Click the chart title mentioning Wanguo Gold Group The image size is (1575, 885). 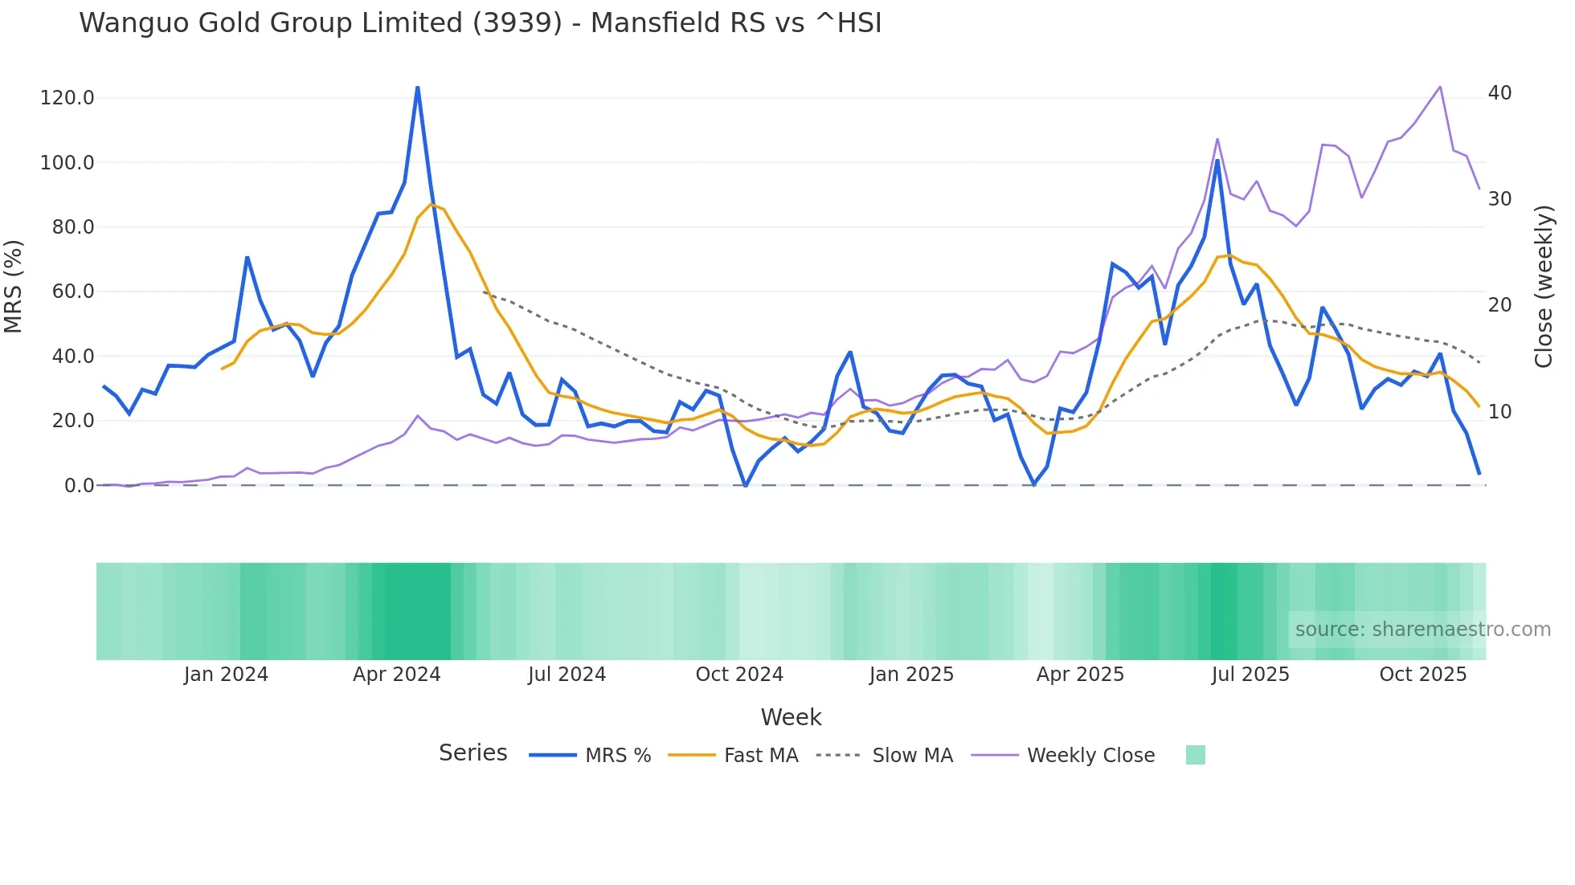480,23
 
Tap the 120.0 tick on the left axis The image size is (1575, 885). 67,98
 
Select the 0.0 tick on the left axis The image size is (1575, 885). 79,485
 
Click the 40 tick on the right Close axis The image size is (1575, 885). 1499,93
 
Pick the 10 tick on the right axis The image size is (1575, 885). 1499,412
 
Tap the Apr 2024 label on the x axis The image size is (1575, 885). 396,675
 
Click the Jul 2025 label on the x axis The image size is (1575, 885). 1250,675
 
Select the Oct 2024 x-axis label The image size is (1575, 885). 738,675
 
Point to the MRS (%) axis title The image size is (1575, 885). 14,287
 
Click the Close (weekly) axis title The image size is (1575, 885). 1543,287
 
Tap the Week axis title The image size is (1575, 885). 791,717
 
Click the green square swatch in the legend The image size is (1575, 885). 1195,755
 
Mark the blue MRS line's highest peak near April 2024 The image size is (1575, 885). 417,88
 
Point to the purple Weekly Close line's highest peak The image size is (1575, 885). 1439,87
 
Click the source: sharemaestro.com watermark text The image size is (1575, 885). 1422,630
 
